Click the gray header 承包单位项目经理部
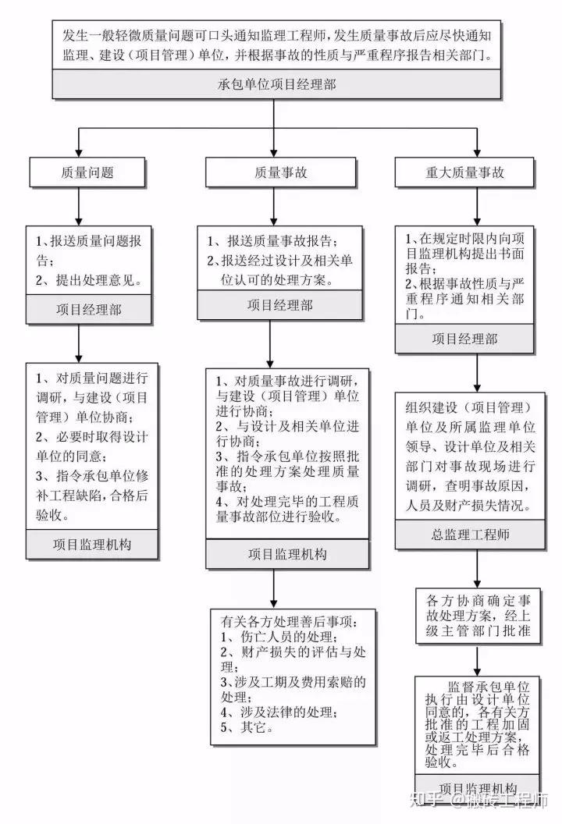click(x=277, y=84)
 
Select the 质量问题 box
click(x=78, y=172)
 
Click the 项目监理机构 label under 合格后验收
click(x=92, y=543)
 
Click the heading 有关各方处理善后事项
click(x=289, y=622)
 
